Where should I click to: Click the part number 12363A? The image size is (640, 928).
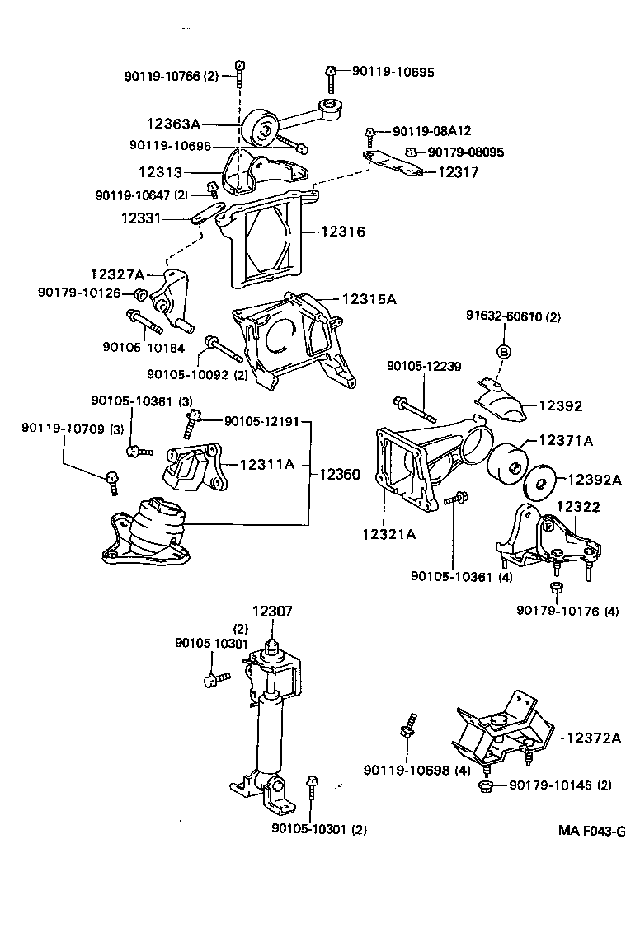point(173,124)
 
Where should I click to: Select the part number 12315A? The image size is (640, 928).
point(369,299)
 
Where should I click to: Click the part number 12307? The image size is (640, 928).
point(273,612)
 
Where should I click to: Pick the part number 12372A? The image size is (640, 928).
point(594,738)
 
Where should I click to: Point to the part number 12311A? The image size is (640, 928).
point(266,464)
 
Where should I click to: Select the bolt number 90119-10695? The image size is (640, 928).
point(393,72)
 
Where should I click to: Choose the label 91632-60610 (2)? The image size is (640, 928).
point(513,316)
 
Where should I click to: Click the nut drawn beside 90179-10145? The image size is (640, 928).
point(484,786)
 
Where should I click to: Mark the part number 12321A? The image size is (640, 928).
point(388,534)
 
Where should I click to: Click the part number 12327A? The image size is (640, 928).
point(117,274)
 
